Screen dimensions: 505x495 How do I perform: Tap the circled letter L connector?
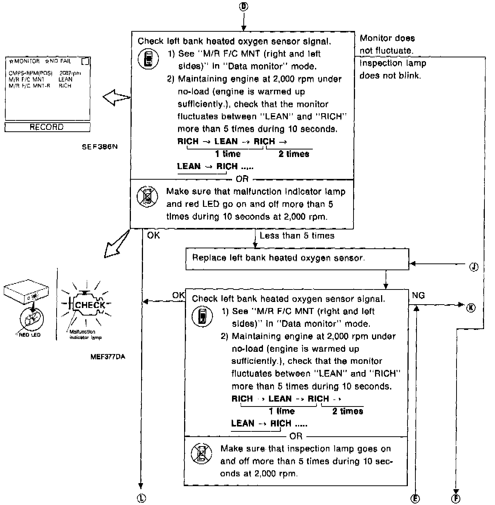coord(141,498)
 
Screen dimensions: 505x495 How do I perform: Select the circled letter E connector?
coord(415,499)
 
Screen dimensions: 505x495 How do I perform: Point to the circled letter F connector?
coord(456,499)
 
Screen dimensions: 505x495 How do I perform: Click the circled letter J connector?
coord(474,267)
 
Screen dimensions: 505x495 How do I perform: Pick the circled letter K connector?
coord(470,307)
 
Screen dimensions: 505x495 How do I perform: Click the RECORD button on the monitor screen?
coord(47,127)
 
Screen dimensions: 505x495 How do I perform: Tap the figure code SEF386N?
coord(100,147)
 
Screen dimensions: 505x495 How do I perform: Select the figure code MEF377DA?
coord(108,356)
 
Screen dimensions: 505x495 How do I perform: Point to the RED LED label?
coord(29,335)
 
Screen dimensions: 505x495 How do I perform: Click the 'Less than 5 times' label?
coord(297,236)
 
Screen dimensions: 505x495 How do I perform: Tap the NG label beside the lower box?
coord(418,295)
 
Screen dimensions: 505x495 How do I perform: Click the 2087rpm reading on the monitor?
coord(70,73)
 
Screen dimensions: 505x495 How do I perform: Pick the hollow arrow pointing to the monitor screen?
coord(117,98)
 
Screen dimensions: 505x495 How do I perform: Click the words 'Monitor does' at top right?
coord(387,38)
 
